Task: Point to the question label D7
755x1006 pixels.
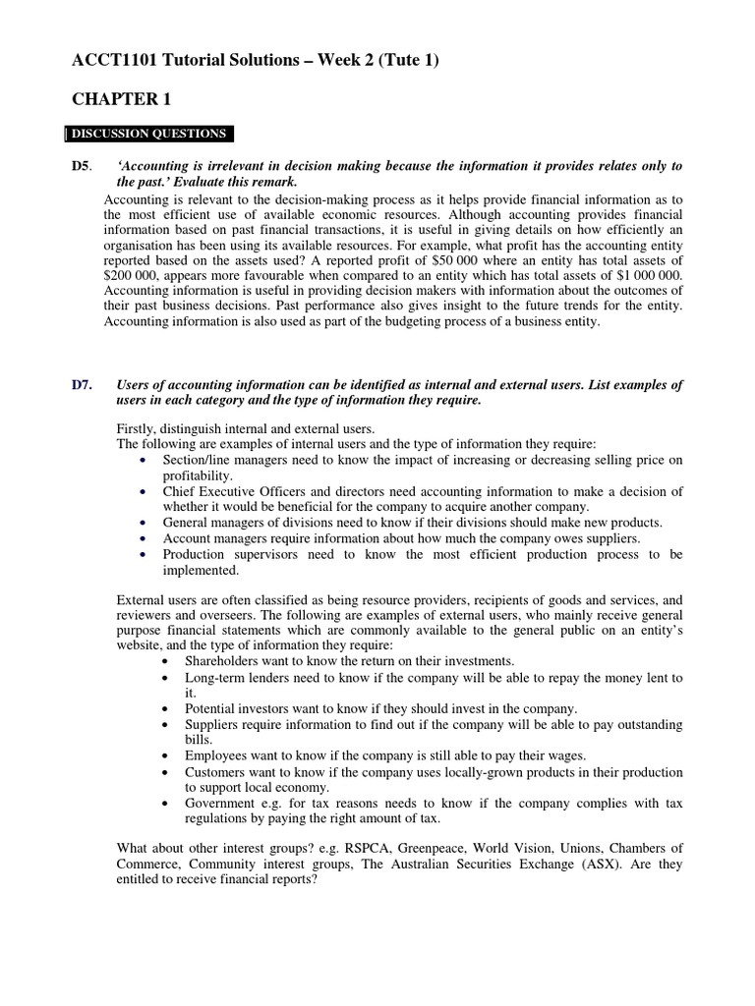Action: click(x=83, y=384)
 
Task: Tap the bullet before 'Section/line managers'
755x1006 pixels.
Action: click(x=145, y=461)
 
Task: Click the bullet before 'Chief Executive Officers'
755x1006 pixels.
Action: click(x=145, y=491)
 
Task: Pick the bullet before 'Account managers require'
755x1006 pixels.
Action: click(x=145, y=538)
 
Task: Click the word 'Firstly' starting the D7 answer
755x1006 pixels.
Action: click(x=137, y=428)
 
